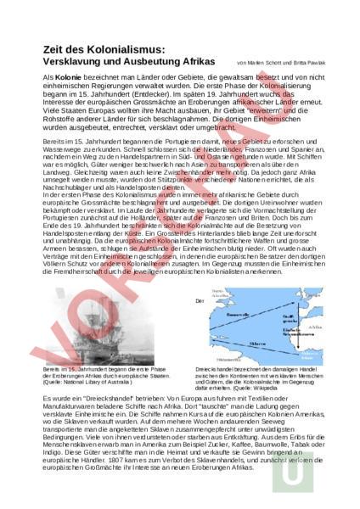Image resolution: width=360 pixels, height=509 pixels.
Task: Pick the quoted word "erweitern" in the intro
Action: click(x=240, y=115)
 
